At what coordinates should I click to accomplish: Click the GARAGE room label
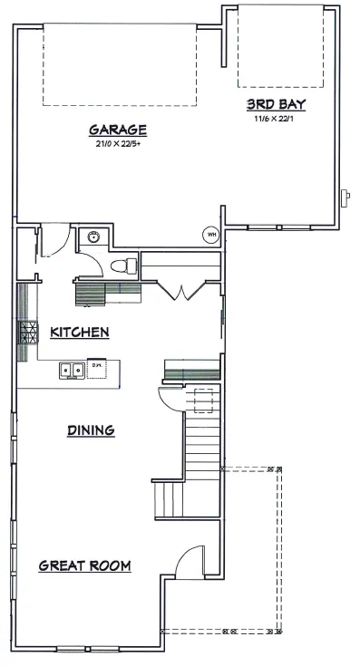point(118,130)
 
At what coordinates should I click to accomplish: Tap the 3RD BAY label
point(277,104)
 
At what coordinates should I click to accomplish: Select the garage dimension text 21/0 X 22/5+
point(118,143)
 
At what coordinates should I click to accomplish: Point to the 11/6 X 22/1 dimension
point(274,119)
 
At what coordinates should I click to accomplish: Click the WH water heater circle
point(210,234)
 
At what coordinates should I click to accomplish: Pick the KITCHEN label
point(80,332)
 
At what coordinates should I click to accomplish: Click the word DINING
point(91,430)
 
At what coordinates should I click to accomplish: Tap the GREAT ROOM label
point(84,565)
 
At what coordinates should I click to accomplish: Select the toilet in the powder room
point(124,266)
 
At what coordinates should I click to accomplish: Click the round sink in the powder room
point(93,236)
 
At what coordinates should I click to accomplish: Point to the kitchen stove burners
point(27,333)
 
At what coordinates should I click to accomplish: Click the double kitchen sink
point(72,370)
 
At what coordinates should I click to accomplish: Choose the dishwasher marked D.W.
point(97,369)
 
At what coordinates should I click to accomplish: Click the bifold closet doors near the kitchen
point(181,291)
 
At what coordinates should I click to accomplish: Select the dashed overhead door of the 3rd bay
point(281,46)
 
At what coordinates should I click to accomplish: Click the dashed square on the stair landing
point(204,401)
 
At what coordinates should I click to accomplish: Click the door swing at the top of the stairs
point(171,399)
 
